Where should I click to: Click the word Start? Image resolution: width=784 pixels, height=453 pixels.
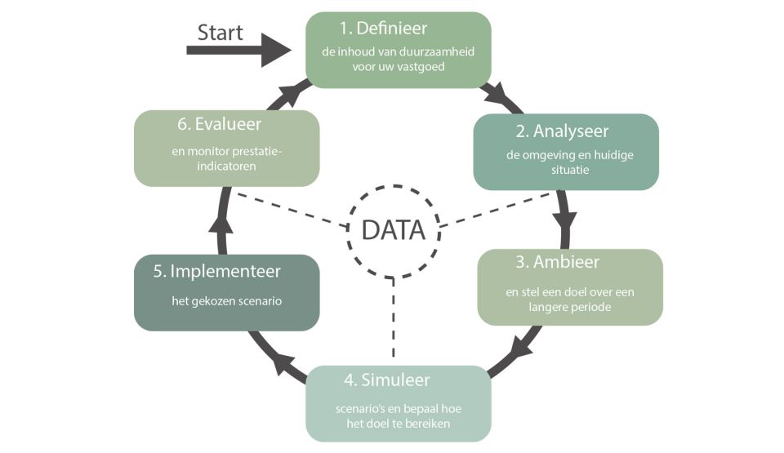[220, 32]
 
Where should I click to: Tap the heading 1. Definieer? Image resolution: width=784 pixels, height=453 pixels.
[383, 29]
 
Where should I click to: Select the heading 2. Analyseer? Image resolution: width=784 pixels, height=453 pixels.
[562, 131]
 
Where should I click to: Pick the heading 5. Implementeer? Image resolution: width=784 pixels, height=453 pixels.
[216, 271]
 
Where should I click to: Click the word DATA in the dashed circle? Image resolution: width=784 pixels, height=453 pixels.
[393, 230]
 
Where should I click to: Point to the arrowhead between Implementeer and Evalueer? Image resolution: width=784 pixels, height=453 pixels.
[216, 221]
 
